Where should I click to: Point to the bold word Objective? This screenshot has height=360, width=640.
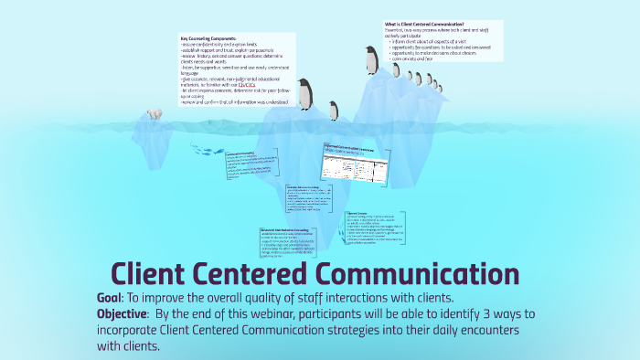point(125,314)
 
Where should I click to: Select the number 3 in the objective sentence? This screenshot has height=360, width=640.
point(499,314)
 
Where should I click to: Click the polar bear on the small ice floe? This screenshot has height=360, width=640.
point(153,116)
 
